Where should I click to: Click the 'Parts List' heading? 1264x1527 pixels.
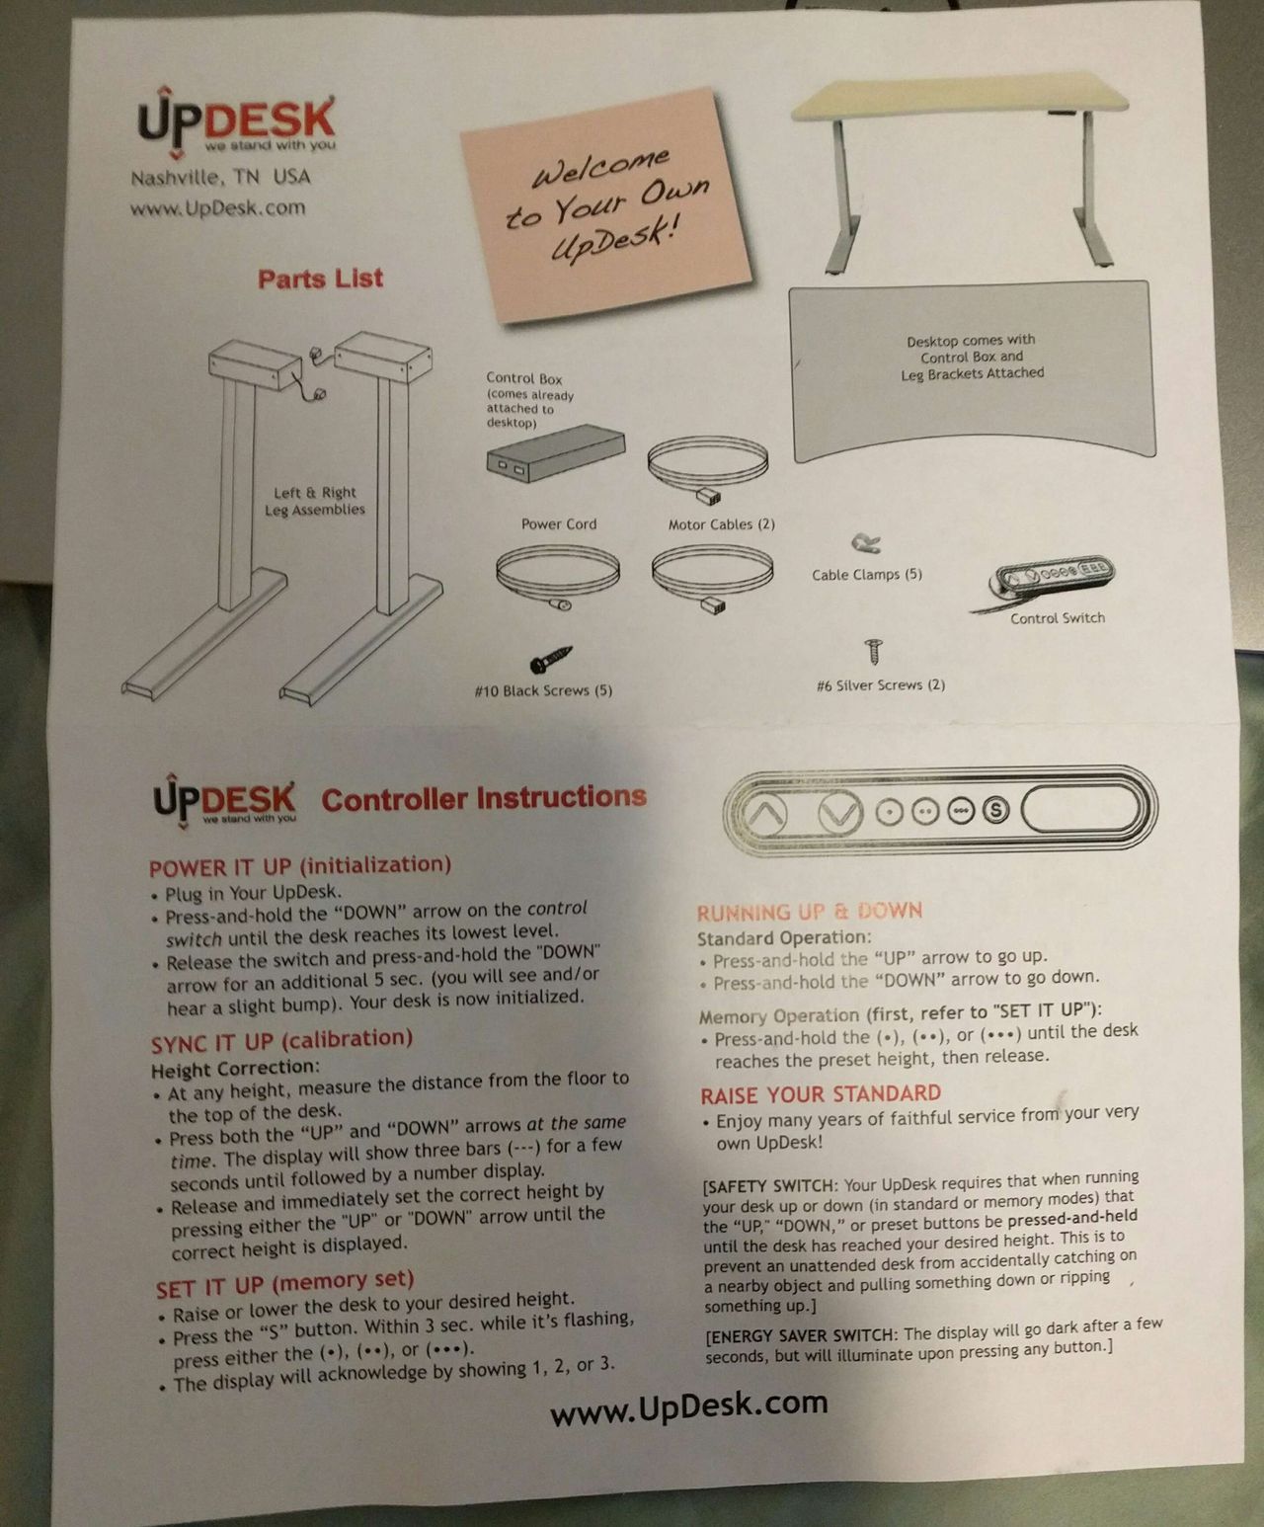[320, 279]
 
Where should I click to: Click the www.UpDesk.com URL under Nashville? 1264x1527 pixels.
[218, 207]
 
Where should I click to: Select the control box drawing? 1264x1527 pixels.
[556, 452]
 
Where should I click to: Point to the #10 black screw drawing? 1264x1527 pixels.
[550, 659]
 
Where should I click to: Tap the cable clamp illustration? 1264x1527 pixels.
[866, 542]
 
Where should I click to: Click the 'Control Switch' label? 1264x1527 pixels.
[1057, 618]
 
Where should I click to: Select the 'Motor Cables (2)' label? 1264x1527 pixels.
[721, 524]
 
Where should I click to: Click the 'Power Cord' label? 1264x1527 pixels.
[559, 524]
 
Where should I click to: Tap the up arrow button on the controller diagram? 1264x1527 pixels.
[764, 814]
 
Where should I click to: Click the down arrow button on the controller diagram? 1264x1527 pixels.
[840, 812]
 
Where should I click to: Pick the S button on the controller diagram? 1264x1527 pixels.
[995, 810]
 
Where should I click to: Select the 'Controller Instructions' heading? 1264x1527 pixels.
[484, 798]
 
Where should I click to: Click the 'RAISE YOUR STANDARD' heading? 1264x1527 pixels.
[821, 1094]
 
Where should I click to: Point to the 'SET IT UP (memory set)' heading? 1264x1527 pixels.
[285, 1285]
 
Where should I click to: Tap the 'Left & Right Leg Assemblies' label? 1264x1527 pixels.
[314, 501]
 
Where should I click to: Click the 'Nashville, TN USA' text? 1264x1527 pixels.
[221, 177]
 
